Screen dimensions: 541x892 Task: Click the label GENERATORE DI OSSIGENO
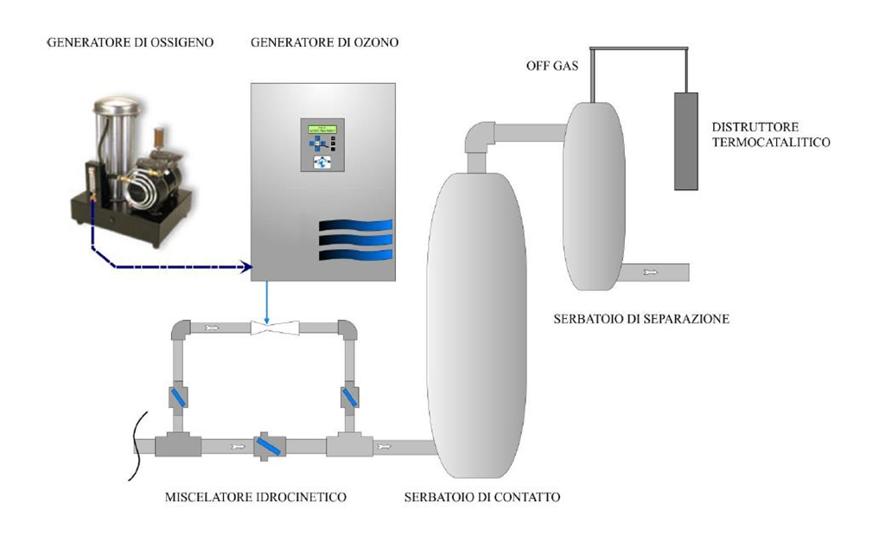[131, 42]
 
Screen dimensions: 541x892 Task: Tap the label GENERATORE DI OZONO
[323, 42]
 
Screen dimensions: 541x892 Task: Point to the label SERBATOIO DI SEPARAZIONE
[641, 319]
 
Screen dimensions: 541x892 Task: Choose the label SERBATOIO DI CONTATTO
[482, 498]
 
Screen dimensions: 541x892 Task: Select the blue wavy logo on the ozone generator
[355, 239]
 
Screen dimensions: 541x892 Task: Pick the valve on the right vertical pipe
[349, 398]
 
